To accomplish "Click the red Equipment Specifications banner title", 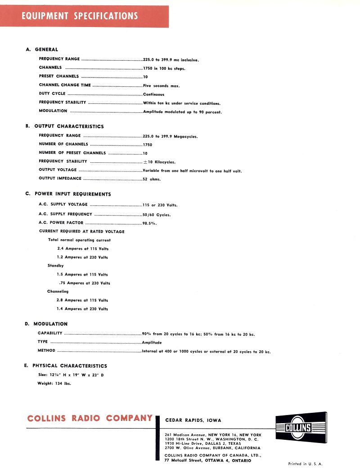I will coord(80,16).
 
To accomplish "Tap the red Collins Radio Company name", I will coord(90,418).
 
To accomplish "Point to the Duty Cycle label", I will coord(52,94).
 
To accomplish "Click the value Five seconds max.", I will coord(161,85).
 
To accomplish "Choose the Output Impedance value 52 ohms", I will coord(152,179).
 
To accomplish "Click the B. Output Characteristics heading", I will coord(65,126).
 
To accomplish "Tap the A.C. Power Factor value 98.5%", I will coord(150,223).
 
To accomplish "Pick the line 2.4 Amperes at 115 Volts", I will coord(83,249).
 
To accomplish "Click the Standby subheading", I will coord(56,266).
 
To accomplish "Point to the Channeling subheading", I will coord(58,291).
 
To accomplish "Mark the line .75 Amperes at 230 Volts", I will coord(85,283).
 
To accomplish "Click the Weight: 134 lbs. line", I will coord(54,384).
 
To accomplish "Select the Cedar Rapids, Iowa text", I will coord(193,420).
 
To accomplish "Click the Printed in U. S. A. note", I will coord(306,464).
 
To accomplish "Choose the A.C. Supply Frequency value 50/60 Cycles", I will coord(157,215).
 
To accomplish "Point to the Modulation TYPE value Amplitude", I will coord(152,342).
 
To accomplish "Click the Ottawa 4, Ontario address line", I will coord(208,461).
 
